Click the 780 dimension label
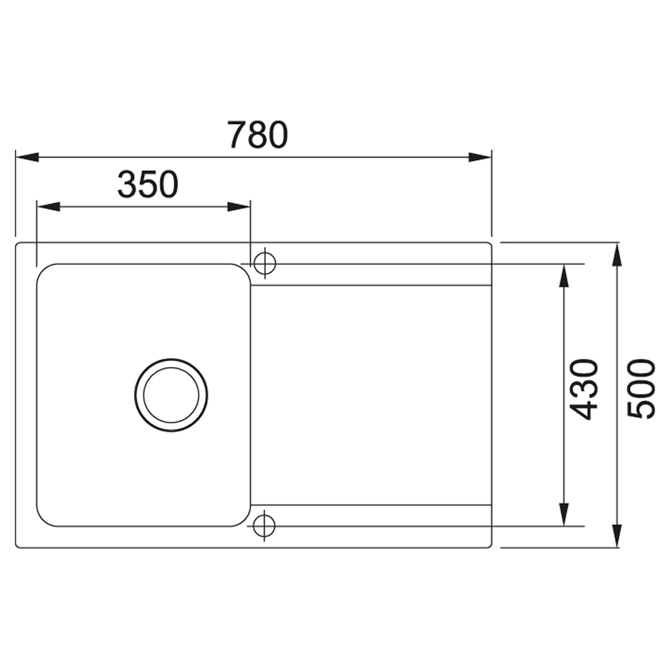258,135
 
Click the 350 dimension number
148,184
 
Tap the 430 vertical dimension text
584,389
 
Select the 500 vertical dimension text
640,389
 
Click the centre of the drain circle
171,395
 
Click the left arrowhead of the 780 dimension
28,157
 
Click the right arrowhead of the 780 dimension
480,157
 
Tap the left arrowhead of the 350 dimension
48,207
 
